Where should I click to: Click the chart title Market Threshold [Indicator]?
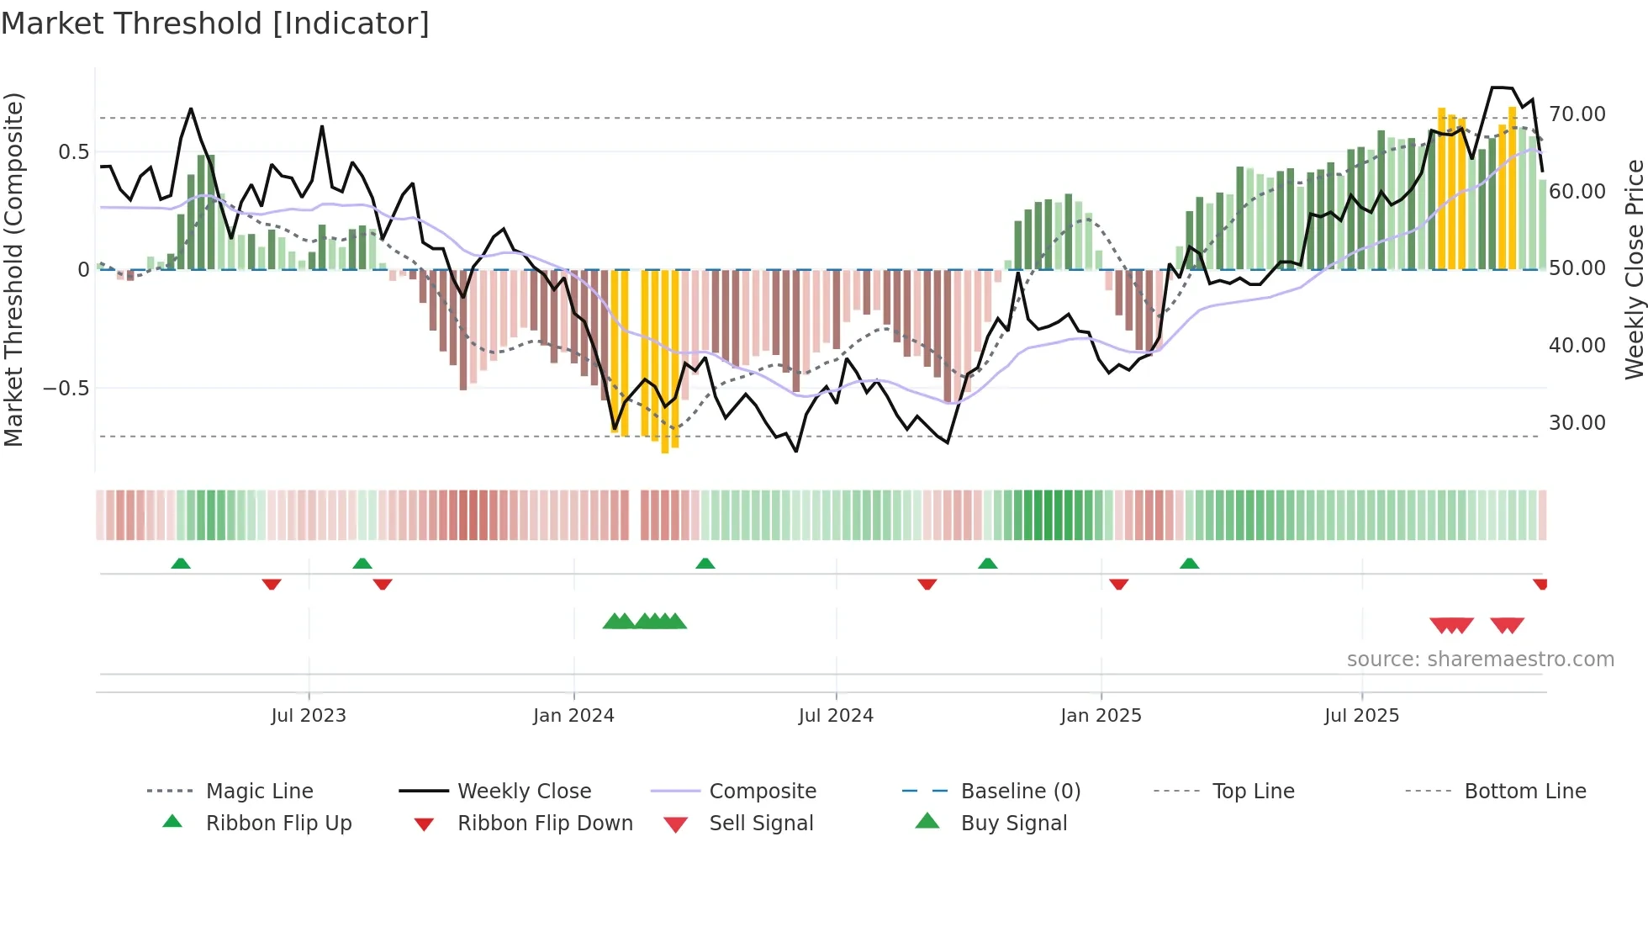click(215, 24)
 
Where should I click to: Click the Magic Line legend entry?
click(259, 792)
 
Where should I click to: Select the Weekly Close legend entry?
click(524, 792)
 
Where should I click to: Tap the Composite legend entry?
click(763, 792)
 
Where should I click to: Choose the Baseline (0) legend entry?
click(1020, 792)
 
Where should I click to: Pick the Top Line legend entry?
click(1253, 792)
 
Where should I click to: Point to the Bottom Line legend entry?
click(1524, 792)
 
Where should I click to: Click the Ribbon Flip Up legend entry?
click(278, 824)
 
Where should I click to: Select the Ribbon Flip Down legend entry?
click(545, 824)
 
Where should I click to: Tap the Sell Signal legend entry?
click(761, 824)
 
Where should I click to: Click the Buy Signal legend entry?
click(1013, 824)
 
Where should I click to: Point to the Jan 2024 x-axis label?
click(573, 716)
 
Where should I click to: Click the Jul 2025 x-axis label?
click(1361, 716)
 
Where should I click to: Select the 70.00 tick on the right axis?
click(1577, 114)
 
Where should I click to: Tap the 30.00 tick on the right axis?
click(1577, 423)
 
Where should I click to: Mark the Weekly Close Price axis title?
click(1633, 269)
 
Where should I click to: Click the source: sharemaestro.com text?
click(1480, 659)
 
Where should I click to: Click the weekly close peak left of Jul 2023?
click(191, 109)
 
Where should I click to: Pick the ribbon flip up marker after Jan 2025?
click(1189, 564)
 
